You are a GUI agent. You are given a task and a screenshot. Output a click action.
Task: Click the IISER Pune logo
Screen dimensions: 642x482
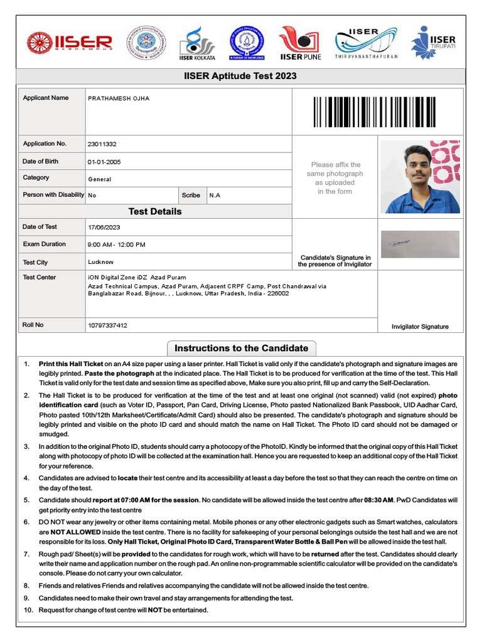(x=300, y=43)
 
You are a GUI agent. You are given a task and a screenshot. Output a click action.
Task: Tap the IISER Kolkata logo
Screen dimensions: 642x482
(x=197, y=43)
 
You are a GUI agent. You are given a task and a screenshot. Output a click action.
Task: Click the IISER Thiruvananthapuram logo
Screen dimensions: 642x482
(x=366, y=43)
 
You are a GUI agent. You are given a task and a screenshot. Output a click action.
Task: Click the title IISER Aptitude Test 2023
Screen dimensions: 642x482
(x=241, y=76)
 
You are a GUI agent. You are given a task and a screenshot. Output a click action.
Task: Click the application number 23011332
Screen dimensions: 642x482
(x=102, y=144)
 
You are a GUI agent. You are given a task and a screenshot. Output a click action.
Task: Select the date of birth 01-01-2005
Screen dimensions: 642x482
(x=104, y=162)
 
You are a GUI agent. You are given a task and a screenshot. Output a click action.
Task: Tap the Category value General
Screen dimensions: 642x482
(x=100, y=179)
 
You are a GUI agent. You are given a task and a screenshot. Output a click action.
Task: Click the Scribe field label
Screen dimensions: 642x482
(x=191, y=195)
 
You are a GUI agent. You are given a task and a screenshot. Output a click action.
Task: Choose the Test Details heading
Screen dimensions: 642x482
(x=155, y=211)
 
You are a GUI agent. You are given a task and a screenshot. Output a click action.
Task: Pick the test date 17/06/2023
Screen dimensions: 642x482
(x=104, y=227)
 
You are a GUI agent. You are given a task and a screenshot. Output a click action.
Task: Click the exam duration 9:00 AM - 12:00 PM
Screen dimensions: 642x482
(x=117, y=245)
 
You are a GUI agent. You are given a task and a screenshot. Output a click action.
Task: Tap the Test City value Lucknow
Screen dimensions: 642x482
(x=100, y=262)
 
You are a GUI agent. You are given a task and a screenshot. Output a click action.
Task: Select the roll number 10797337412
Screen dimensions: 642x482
(x=107, y=325)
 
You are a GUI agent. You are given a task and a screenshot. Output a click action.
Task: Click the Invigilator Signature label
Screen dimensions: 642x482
(x=420, y=327)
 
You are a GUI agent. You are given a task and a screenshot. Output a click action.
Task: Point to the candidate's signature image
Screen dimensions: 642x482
(x=420, y=244)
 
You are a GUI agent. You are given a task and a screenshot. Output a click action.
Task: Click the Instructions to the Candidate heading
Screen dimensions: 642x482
(x=241, y=348)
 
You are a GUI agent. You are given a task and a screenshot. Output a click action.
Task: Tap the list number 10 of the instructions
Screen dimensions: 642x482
(x=28, y=610)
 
